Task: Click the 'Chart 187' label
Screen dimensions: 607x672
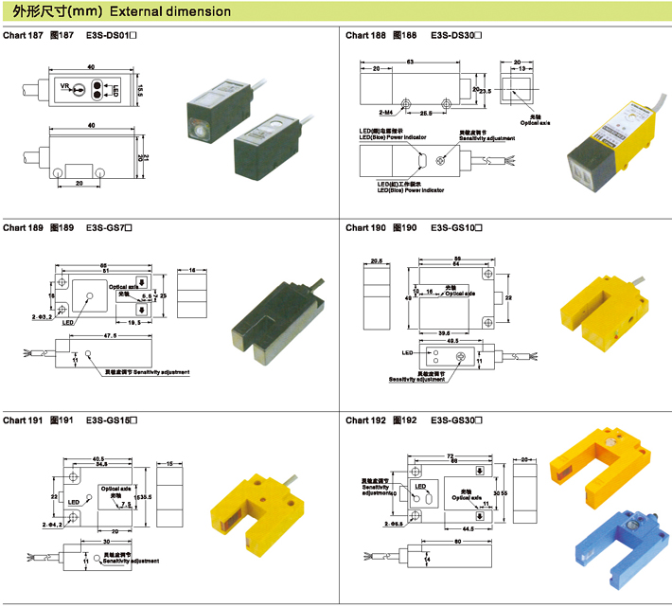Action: (23, 35)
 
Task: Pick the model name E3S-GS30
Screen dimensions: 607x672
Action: (460, 420)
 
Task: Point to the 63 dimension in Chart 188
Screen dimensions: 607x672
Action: (411, 61)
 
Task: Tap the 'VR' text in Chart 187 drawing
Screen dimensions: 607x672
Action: (65, 87)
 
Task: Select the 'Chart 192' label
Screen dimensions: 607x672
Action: (365, 420)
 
